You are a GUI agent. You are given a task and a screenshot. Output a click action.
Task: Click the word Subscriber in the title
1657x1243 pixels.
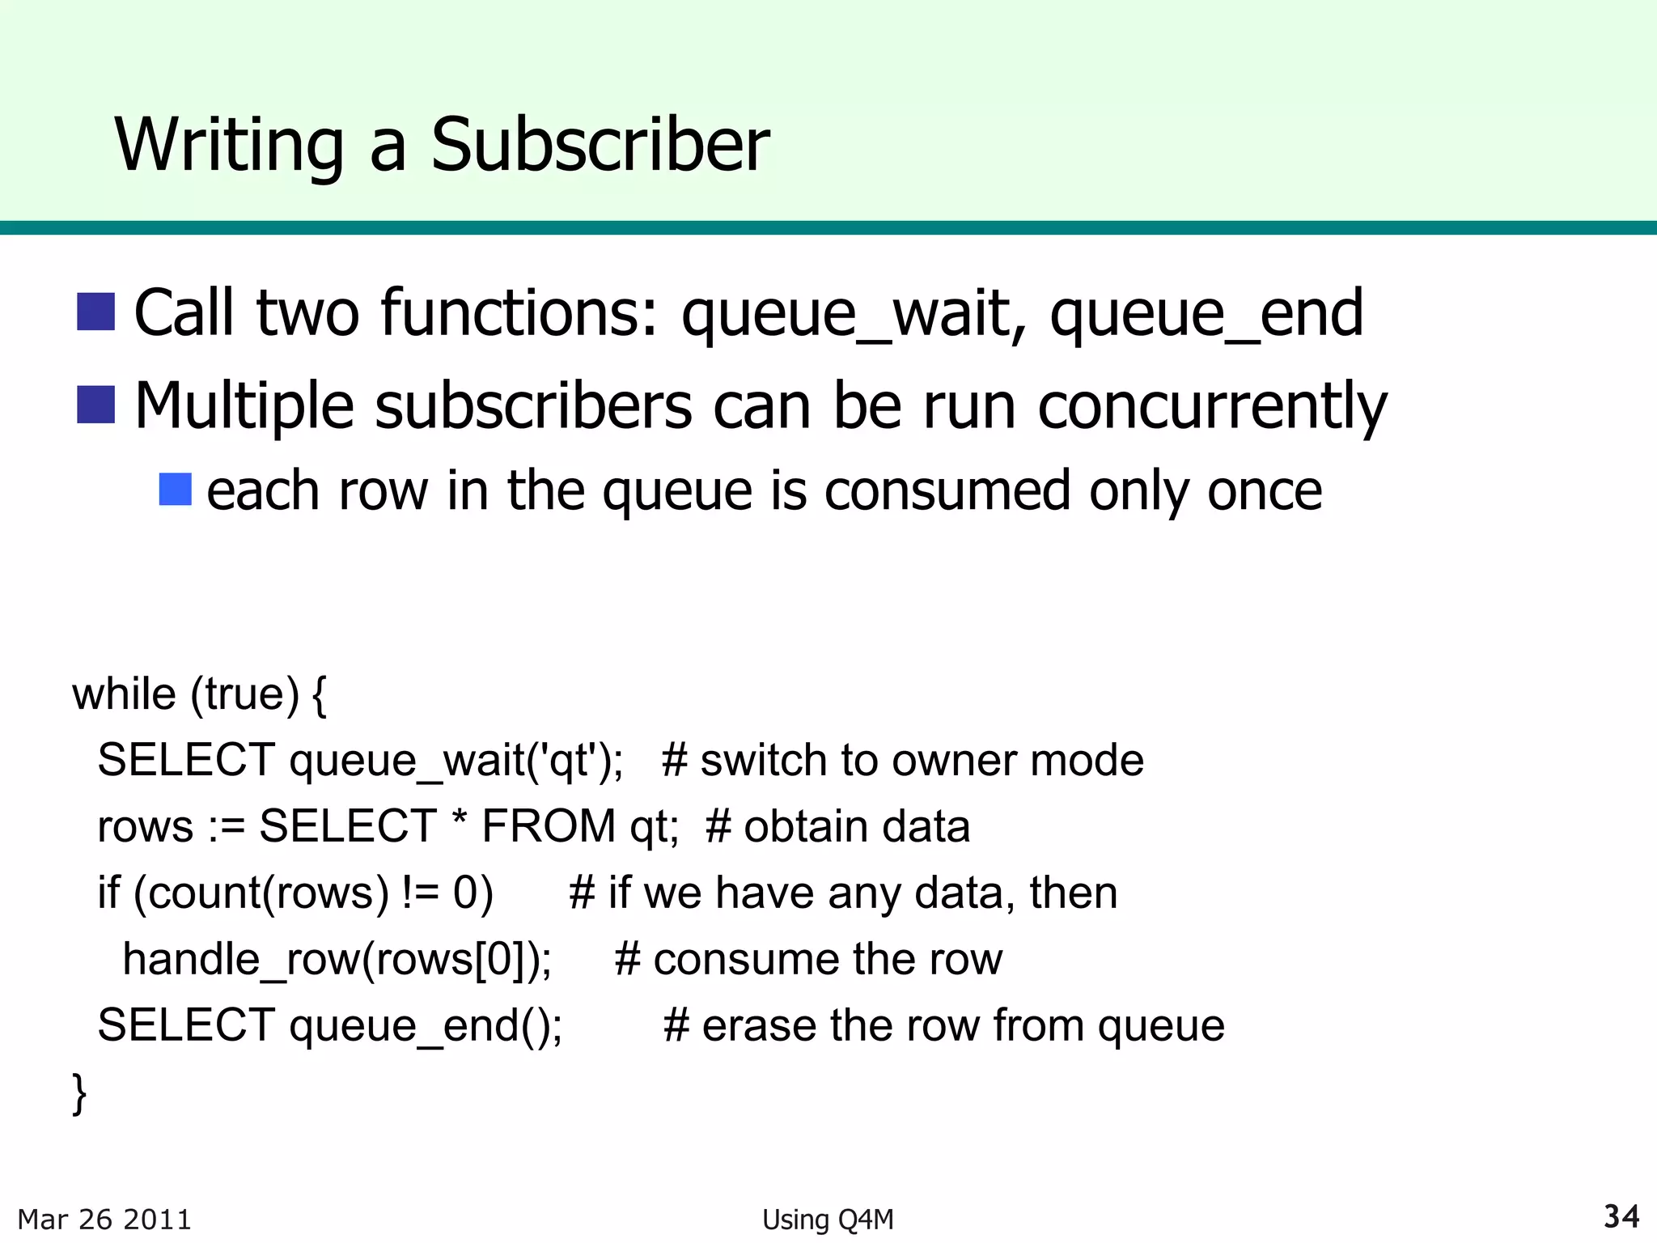pos(600,145)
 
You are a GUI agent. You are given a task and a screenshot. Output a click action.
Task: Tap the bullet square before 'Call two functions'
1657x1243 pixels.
pos(95,312)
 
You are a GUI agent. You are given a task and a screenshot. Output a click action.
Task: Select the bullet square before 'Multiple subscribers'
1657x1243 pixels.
pos(95,405)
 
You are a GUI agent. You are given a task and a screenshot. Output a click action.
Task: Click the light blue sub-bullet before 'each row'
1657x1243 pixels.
pos(176,490)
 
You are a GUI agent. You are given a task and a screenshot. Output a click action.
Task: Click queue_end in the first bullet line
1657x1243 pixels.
pos(1206,314)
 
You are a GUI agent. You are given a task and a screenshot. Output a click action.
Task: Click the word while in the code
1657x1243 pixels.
pos(124,694)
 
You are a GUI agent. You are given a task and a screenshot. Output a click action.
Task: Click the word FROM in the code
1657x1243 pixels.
pos(549,827)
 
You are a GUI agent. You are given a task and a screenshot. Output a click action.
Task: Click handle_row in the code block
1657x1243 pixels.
pos(240,960)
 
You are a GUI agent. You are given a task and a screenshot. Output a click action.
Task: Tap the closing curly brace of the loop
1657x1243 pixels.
pos(79,1094)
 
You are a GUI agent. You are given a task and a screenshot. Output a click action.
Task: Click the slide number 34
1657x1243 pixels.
pos(1621,1217)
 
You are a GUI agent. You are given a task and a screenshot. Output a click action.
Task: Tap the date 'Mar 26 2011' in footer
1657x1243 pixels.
pos(104,1220)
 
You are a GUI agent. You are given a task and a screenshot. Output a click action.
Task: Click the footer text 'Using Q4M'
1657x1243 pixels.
pos(828,1220)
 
